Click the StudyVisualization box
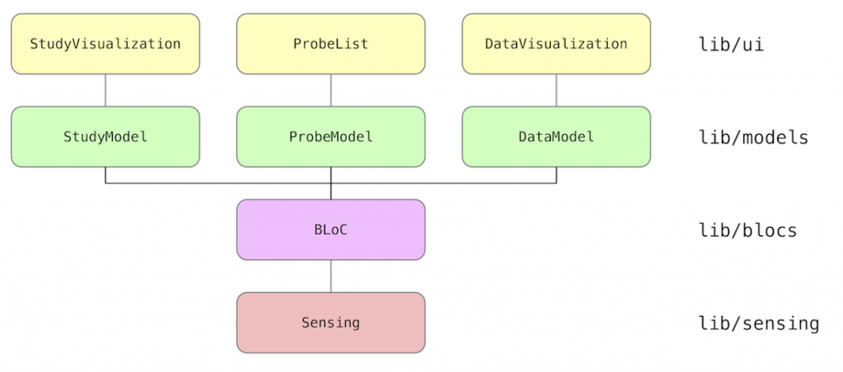pos(105,44)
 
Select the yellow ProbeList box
pos(331,44)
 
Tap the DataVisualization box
pos(557,44)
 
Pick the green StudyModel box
pos(105,137)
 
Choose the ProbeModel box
pos(331,137)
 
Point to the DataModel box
pos(557,137)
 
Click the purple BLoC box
pos(331,230)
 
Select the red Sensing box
pos(331,323)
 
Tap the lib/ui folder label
pos(731,44)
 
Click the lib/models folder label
pos(753,137)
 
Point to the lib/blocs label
pos(748,230)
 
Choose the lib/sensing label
pos(758,323)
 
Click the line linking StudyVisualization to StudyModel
pos(105,91)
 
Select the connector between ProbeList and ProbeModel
pos(331,91)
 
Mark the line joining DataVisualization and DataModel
pos(557,91)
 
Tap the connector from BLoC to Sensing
pos(331,277)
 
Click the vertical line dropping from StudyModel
pos(105,175)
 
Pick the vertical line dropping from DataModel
pos(557,175)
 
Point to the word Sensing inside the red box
pos(331,323)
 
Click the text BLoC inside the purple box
pos(331,230)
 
